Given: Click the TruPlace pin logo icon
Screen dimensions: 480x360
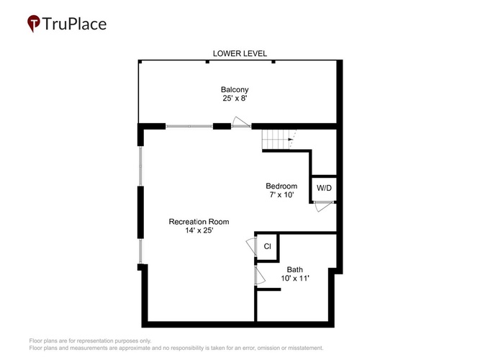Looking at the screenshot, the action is pyautogui.click(x=34, y=23).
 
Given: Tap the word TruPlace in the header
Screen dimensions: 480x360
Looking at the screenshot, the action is pyautogui.click(x=74, y=24).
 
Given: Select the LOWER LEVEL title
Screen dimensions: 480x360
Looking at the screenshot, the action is pyautogui.click(x=240, y=53).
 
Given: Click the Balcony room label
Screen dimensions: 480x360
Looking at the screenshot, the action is pyautogui.click(x=235, y=90).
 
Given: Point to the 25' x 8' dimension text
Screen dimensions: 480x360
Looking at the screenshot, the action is pyautogui.click(x=235, y=99).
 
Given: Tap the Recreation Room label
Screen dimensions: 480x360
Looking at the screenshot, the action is pyautogui.click(x=199, y=222).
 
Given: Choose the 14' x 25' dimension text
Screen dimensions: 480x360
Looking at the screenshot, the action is pyautogui.click(x=199, y=230).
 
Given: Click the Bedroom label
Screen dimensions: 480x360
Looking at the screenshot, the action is pyautogui.click(x=281, y=186).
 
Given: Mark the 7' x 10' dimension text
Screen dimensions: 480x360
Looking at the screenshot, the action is pyautogui.click(x=281, y=195).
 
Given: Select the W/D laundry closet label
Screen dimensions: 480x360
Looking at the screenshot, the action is pyautogui.click(x=324, y=188).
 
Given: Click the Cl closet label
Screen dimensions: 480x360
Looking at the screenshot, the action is pyautogui.click(x=267, y=246).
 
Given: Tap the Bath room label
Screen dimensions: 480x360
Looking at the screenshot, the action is pyautogui.click(x=295, y=269).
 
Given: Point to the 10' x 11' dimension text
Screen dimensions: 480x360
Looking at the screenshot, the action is pyautogui.click(x=295, y=278).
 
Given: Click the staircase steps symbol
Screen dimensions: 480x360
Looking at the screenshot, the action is pyautogui.click(x=276, y=140).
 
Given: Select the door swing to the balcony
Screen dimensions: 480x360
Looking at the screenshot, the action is pyautogui.click(x=241, y=122).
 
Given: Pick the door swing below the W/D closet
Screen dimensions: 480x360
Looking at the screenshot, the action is pyautogui.click(x=324, y=206).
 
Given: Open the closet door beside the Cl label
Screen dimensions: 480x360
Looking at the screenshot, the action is pyautogui.click(x=251, y=246).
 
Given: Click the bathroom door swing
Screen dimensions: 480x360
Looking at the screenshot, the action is pyautogui.click(x=260, y=276).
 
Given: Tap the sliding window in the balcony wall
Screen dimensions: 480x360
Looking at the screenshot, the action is pyautogui.click(x=189, y=126).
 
